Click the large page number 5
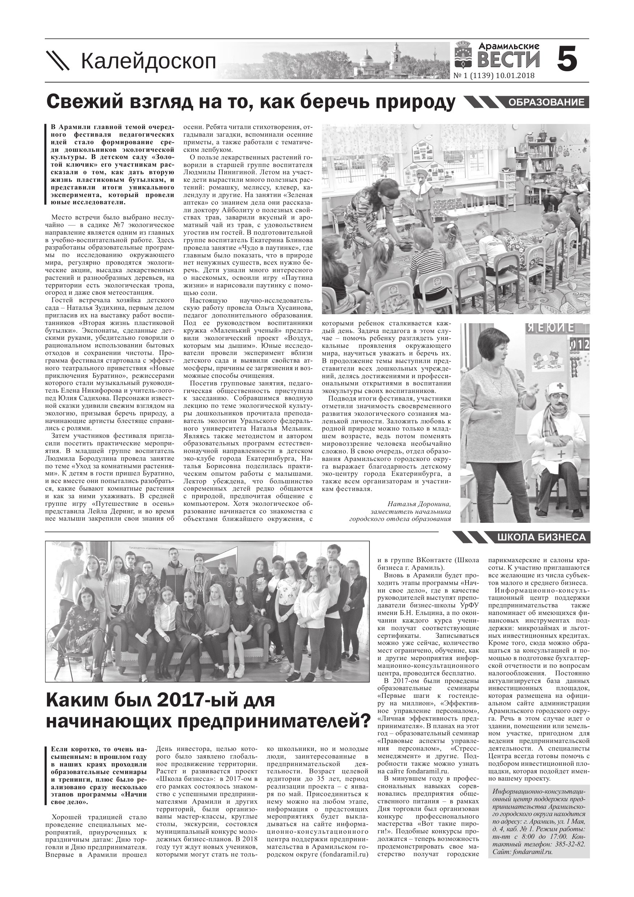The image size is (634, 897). (567, 59)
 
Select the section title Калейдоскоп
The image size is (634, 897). (149, 61)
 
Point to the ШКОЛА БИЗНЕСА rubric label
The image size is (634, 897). (541, 538)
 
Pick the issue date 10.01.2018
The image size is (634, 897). (515, 76)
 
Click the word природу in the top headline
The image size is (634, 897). (415, 102)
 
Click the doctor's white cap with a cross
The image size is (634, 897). (556, 388)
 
